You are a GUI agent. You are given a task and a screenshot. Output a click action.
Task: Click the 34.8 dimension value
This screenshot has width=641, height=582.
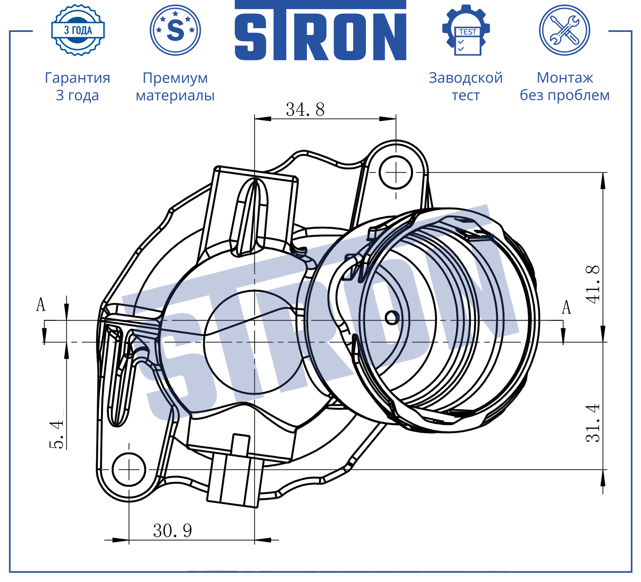click(305, 110)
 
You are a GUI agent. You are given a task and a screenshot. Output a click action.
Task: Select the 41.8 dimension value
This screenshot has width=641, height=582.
click(593, 284)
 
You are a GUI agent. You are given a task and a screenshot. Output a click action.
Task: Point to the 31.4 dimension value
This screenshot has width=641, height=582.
click(593, 423)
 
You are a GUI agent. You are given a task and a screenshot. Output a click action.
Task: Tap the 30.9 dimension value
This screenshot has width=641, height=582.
click(173, 531)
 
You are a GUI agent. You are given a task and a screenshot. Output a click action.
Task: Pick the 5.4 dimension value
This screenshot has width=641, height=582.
click(56, 434)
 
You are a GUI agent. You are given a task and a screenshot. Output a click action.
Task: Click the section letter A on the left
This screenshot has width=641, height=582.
click(41, 305)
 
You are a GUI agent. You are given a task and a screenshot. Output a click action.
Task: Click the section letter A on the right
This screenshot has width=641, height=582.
click(566, 307)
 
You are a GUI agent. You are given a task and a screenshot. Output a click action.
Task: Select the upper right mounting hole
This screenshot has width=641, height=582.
click(396, 172)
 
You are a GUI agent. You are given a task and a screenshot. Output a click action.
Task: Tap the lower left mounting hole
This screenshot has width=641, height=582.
click(129, 469)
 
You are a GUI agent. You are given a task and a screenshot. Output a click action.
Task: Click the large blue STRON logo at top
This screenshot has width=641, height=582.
click(320, 30)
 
